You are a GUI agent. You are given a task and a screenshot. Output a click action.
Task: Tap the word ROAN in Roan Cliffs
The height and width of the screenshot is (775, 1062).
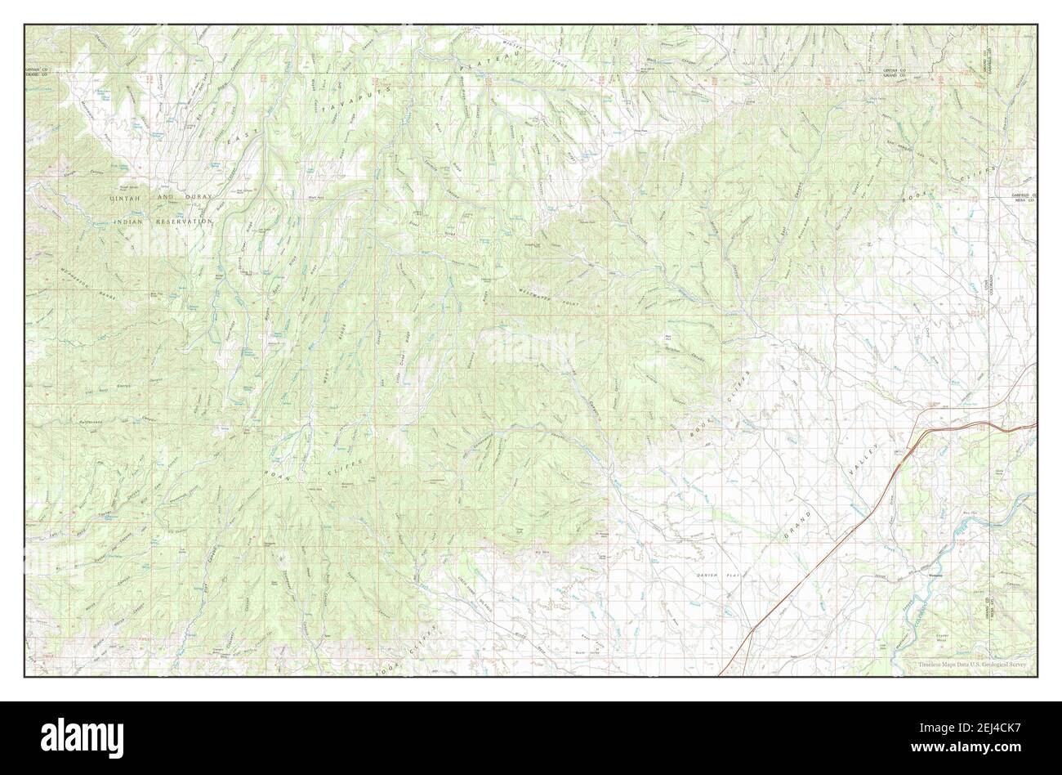(274, 472)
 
